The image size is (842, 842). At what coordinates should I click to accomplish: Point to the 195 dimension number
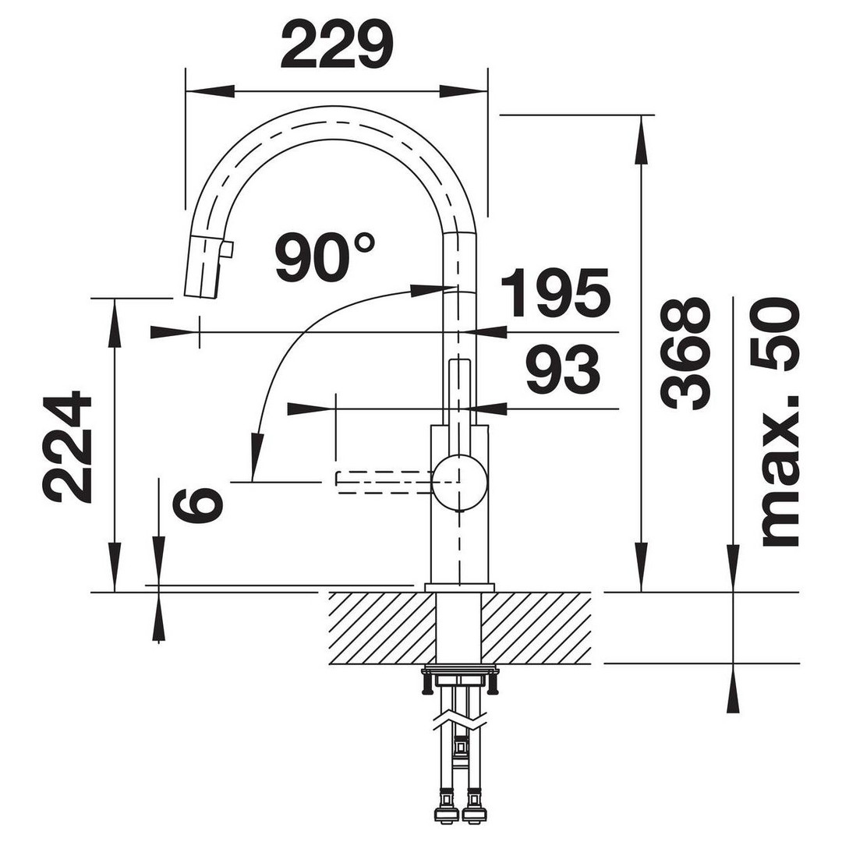[x=556, y=292]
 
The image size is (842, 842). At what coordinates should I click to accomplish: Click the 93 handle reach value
[x=563, y=369]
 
